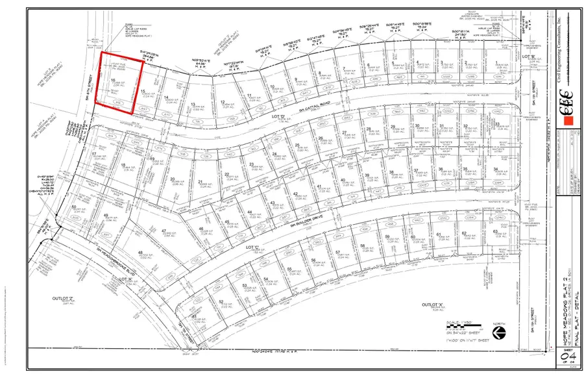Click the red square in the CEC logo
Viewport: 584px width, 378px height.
(x=568, y=121)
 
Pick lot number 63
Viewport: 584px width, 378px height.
(x=495, y=233)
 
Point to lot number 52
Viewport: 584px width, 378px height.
(x=221, y=303)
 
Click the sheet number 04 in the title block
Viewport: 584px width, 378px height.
(x=565, y=357)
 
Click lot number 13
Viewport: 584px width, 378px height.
(x=193, y=104)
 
